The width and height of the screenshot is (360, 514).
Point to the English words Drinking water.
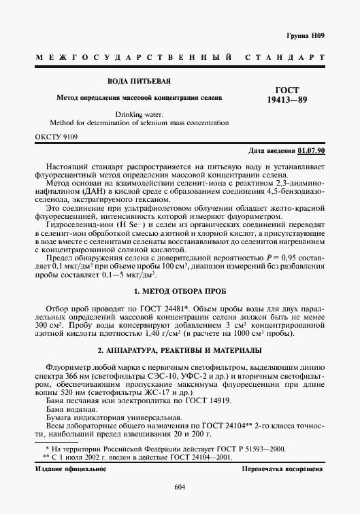click(x=139, y=114)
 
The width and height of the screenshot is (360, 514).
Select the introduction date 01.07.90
click(x=311, y=150)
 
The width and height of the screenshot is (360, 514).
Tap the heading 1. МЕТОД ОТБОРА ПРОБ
click(x=180, y=292)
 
